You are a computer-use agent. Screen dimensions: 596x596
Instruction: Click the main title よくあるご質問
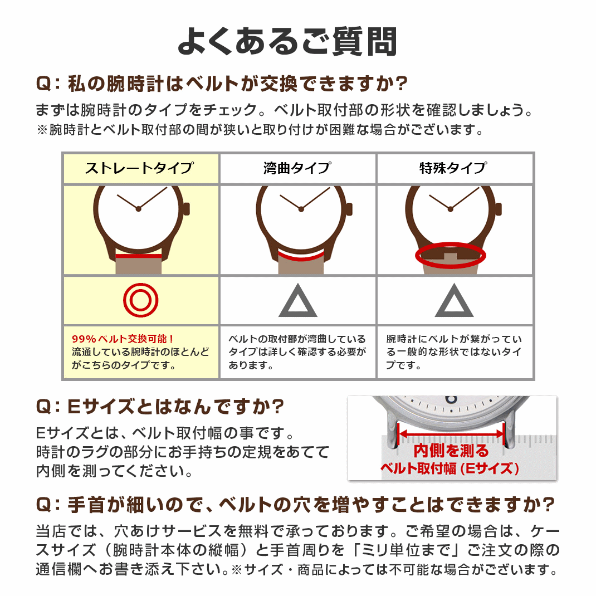[287, 41]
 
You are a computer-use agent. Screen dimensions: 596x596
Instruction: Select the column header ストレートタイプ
[140, 168]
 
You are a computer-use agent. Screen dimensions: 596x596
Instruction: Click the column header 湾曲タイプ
[297, 168]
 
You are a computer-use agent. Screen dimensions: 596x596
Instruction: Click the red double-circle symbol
[140, 300]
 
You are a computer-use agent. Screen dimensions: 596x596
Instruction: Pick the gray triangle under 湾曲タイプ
[297, 302]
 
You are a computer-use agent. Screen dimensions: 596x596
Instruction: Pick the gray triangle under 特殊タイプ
[454, 302]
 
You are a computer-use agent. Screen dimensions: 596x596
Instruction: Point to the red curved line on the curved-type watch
[301, 256]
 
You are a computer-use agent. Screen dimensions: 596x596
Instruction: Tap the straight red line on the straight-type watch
[139, 256]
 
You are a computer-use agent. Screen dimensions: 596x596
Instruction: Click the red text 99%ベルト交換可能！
[123, 339]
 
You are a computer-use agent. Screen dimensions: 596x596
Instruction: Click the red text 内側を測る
[451, 451]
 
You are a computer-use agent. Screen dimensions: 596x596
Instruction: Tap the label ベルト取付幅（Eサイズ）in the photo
[450, 468]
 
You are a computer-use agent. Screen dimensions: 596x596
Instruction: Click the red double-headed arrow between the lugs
[451, 432]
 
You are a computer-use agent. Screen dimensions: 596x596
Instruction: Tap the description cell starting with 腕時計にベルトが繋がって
[454, 352]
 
